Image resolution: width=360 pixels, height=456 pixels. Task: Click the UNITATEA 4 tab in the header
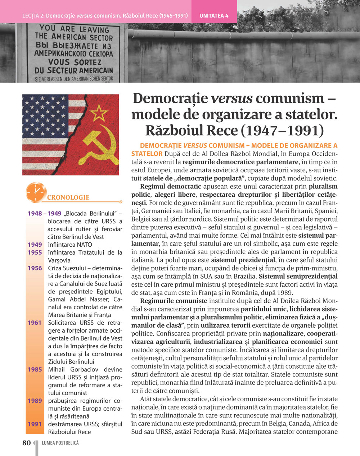tap(214, 16)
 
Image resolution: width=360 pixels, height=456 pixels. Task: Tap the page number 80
tap(27, 443)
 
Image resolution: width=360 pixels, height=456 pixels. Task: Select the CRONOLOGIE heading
tap(68, 197)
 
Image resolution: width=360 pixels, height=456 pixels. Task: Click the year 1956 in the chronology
tap(35, 268)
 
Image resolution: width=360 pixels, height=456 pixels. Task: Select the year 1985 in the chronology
tap(35, 369)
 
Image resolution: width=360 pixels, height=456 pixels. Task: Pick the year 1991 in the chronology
tap(35, 424)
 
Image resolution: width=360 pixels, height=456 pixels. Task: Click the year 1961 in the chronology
tap(35, 323)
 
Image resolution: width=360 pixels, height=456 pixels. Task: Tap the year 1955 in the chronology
tap(35, 252)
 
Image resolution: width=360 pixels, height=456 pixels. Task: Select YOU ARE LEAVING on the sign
tap(74, 29)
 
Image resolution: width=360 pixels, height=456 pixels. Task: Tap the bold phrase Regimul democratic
tap(171, 187)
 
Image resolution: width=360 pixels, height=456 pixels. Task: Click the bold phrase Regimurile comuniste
tap(174, 301)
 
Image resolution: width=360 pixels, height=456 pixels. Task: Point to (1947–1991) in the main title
tap(282, 130)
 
